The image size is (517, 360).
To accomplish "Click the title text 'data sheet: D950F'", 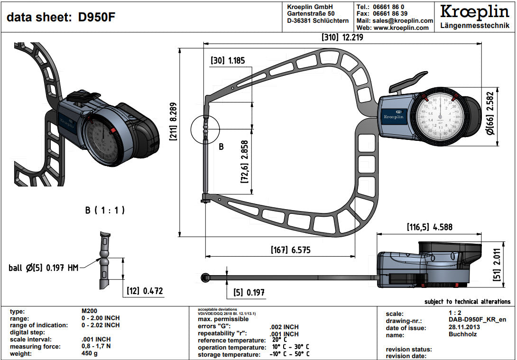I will click(61, 18).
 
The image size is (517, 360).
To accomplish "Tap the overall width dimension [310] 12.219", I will click(342, 37).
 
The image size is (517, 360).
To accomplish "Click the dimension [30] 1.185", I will click(228, 61).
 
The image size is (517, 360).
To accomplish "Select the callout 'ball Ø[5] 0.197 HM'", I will click(44, 268).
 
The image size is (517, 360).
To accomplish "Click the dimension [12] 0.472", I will click(145, 291).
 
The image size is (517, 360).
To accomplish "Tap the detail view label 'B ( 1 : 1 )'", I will click(105, 210).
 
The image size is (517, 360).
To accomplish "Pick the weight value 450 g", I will click(90, 353).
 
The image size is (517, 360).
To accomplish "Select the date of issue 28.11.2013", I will click(464, 328).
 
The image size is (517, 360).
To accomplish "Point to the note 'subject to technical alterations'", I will click(467, 302).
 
